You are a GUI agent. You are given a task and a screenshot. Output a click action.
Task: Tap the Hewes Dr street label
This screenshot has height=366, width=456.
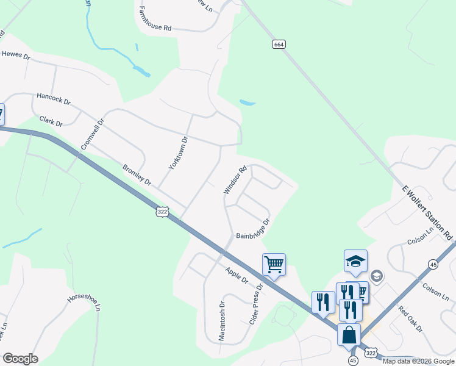click(x=16, y=55)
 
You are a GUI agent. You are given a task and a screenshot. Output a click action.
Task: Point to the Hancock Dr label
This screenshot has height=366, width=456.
click(x=54, y=96)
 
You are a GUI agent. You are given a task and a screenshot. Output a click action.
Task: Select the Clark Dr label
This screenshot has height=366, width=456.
click(x=51, y=121)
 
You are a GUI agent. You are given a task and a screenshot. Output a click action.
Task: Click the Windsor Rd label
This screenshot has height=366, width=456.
click(x=235, y=181)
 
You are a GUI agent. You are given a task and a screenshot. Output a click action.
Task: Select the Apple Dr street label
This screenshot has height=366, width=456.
click(x=237, y=275)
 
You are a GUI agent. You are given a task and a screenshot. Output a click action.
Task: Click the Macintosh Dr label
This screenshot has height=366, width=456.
click(x=222, y=320)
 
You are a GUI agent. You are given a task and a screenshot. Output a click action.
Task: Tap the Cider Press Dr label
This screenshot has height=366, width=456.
click(x=255, y=304)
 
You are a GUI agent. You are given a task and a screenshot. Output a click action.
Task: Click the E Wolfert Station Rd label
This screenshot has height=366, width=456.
click(x=429, y=212)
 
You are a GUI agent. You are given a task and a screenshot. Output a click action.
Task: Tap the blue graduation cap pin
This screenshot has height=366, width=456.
click(x=355, y=261)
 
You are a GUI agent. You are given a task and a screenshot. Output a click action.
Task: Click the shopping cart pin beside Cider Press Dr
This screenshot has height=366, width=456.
click(x=274, y=265)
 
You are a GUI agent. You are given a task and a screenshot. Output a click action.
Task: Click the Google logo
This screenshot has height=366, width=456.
click(x=20, y=359)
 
